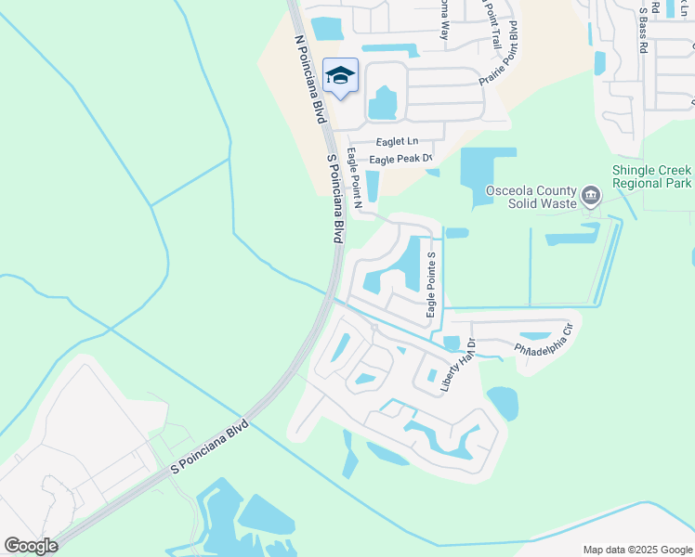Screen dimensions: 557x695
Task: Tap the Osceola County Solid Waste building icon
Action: (x=591, y=196)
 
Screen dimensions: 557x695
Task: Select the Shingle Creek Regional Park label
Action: (x=651, y=176)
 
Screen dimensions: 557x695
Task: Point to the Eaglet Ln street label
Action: (x=397, y=142)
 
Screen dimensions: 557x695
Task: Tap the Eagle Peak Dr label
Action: (x=401, y=160)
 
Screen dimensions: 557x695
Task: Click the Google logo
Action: (x=31, y=546)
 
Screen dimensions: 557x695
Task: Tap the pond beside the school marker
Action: (x=382, y=103)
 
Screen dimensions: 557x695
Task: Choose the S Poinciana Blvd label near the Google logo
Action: (x=211, y=448)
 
